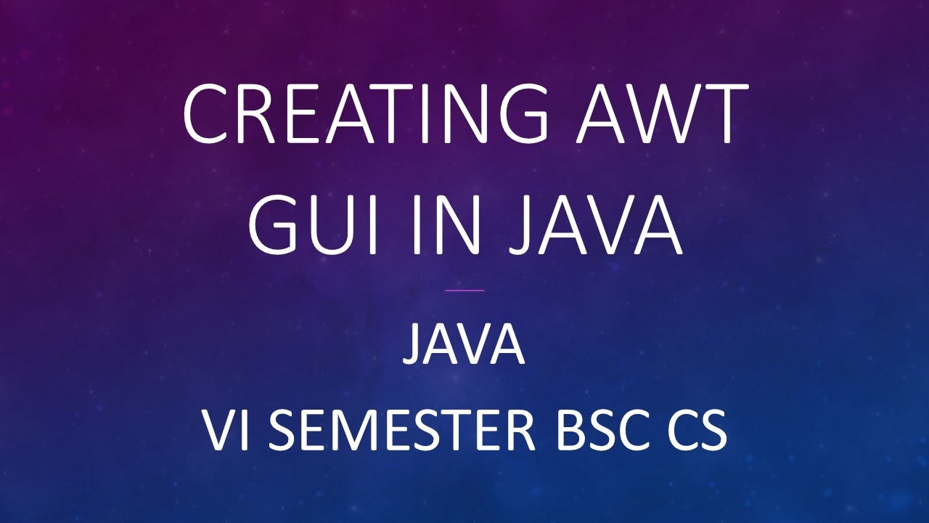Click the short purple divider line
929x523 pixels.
tap(464, 291)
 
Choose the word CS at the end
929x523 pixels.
tap(696, 431)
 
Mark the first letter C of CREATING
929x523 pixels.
tap(208, 114)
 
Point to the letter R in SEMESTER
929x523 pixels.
tap(520, 431)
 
